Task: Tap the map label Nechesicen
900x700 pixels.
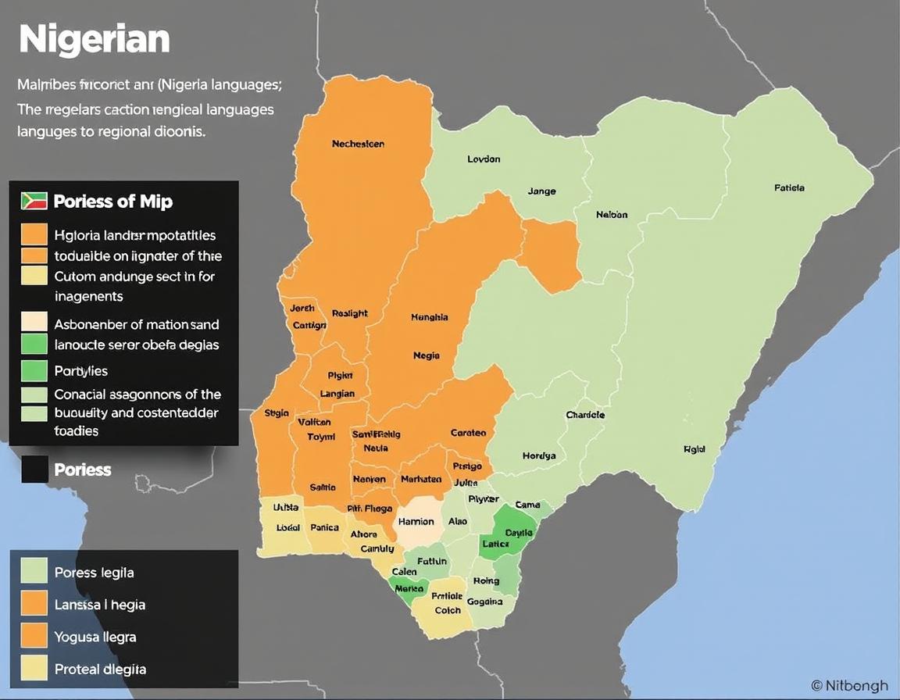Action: (x=358, y=144)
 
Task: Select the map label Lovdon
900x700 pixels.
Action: (x=484, y=159)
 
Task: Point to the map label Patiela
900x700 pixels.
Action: (x=789, y=187)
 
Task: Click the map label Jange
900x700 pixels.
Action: (x=541, y=191)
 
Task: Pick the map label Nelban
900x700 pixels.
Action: (x=611, y=214)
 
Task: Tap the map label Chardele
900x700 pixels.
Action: (x=585, y=415)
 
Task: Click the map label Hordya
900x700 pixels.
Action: (x=539, y=455)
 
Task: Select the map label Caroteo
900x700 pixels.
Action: (x=468, y=432)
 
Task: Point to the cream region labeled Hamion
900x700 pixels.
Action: (x=416, y=522)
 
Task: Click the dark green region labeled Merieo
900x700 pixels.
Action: (x=409, y=588)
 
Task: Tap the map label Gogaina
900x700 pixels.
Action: (x=484, y=602)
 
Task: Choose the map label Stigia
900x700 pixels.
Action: (x=277, y=412)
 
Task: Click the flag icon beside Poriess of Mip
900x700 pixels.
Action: (x=34, y=201)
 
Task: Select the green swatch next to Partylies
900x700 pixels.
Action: (x=34, y=370)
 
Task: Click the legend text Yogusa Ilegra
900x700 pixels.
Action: (x=95, y=637)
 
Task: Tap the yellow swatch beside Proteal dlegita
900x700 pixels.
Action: (x=34, y=669)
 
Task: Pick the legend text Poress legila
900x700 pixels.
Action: (x=95, y=573)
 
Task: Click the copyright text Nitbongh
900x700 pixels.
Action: (x=850, y=686)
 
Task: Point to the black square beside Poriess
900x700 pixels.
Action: (x=34, y=470)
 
